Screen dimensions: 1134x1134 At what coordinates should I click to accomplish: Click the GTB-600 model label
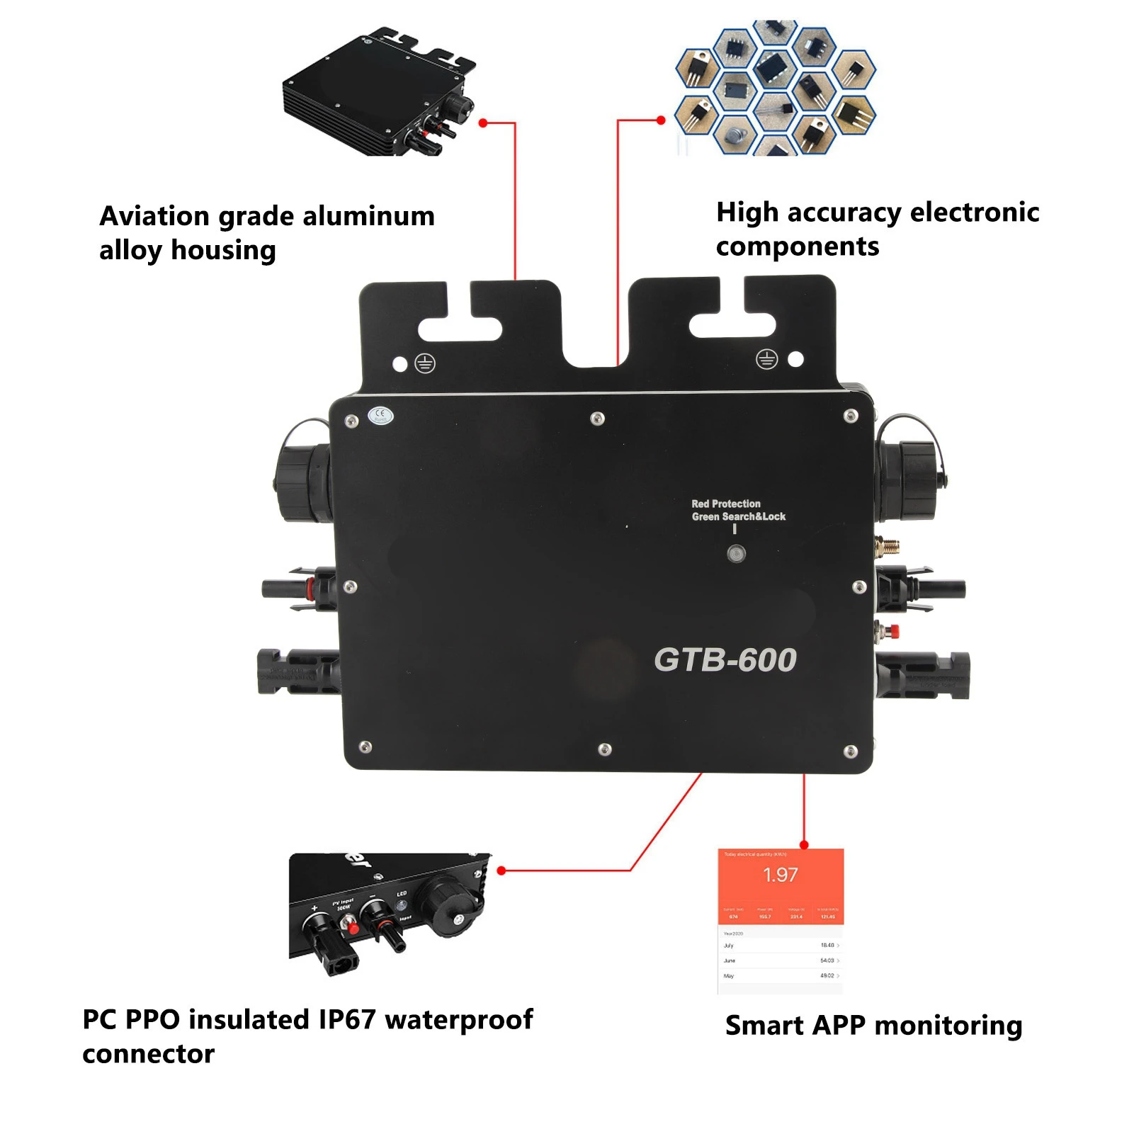pyautogui.click(x=725, y=660)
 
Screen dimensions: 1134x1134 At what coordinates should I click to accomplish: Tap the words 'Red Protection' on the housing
pyautogui.click(x=725, y=504)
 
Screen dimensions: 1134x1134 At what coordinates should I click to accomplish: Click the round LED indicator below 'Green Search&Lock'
pyautogui.click(x=736, y=554)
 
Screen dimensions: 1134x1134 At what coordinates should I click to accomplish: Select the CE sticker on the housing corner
pyautogui.click(x=380, y=416)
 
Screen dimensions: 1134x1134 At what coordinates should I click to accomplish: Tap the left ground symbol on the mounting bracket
pyautogui.click(x=424, y=364)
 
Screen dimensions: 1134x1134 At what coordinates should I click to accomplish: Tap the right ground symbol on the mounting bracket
pyautogui.click(x=766, y=359)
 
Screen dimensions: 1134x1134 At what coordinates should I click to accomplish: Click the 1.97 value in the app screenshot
pyautogui.click(x=780, y=875)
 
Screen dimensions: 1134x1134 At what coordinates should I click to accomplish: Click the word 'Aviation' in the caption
pyautogui.click(x=154, y=216)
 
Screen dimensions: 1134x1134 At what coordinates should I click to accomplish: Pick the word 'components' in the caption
pyautogui.click(x=797, y=247)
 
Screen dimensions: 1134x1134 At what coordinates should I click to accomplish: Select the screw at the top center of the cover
pyautogui.click(x=597, y=419)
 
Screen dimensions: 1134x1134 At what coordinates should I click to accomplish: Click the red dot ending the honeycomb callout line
pyautogui.click(x=661, y=120)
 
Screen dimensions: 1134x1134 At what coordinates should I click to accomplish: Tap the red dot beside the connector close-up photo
pyautogui.click(x=501, y=871)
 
